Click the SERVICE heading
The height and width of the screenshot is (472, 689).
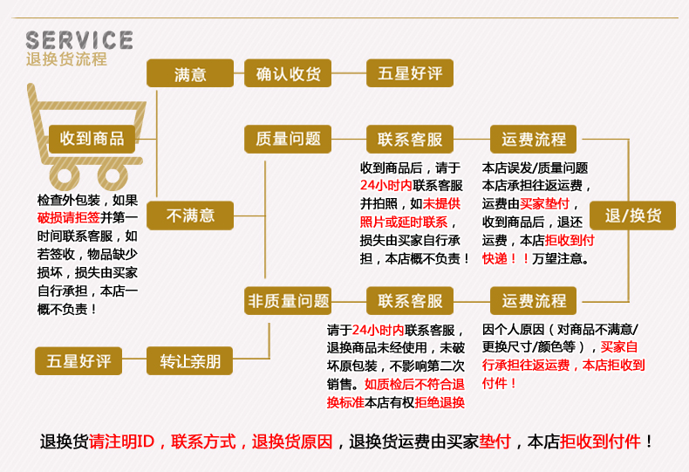tap(79, 40)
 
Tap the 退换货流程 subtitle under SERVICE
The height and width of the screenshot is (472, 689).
tap(66, 60)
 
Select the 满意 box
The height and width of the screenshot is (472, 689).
tap(190, 74)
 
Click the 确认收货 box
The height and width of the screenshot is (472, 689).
tap(288, 74)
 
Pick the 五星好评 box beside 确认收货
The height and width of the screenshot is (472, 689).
tap(410, 74)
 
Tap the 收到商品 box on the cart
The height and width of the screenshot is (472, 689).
tap(92, 139)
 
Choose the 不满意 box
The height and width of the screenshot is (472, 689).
tap(190, 215)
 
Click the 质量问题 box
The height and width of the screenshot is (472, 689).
tap(288, 139)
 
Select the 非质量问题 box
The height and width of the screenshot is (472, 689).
tap(288, 302)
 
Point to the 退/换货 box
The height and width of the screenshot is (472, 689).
tap(633, 215)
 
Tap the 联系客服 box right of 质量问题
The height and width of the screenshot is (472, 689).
tap(410, 139)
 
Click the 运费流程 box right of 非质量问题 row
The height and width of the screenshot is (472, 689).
tap(534, 302)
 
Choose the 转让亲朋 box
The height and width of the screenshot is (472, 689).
tap(190, 360)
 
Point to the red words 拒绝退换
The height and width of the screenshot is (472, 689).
tap(440, 402)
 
